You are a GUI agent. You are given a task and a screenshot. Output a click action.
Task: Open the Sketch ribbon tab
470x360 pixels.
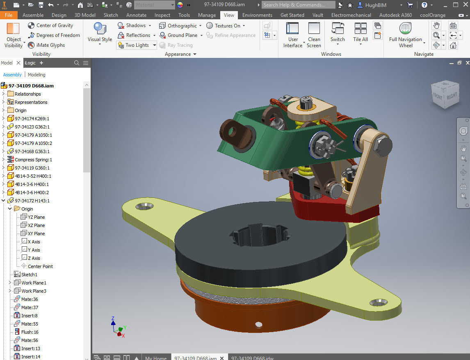[x=111, y=15]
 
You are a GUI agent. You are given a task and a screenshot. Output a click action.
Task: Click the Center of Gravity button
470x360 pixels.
[x=50, y=25]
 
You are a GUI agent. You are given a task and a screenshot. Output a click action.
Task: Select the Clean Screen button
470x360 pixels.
[x=314, y=35]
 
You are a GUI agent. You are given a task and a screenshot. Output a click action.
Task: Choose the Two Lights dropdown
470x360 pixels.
[x=137, y=45]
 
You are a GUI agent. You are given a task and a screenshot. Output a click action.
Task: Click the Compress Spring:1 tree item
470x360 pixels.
[x=33, y=160]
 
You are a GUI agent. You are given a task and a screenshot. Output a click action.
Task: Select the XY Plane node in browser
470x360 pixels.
[x=36, y=234]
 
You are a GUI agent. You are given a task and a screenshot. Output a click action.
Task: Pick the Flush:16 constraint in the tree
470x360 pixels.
[x=30, y=332]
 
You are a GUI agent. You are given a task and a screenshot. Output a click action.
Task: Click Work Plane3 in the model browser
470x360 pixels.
[x=34, y=291]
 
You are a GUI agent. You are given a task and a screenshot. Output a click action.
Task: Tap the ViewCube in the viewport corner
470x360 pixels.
[x=445, y=95]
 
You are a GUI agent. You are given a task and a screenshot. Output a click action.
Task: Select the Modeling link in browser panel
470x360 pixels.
[x=37, y=75]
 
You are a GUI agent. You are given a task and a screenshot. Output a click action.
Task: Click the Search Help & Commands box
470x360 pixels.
[x=299, y=5]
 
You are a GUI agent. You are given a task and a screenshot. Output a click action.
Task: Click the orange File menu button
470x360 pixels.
[x=9, y=15]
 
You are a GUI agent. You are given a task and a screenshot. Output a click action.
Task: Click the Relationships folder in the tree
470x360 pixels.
[x=27, y=94]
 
